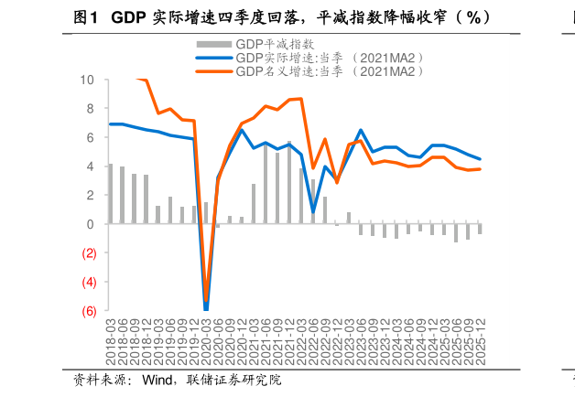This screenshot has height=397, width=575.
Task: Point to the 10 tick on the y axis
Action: [88, 80]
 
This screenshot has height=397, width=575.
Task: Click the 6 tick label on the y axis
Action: [91, 137]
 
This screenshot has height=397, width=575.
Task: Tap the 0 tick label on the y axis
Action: [91, 224]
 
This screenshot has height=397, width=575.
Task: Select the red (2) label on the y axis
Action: [88, 253]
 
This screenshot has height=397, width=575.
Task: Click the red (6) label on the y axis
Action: [88, 311]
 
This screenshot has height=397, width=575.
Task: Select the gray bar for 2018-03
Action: [111, 194]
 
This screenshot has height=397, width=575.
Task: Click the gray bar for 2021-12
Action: [289, 183]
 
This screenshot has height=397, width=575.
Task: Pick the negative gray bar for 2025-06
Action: [456, 233]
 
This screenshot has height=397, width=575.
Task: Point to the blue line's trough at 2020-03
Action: [206, 309]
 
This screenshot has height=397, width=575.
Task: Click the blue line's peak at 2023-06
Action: [361, 130]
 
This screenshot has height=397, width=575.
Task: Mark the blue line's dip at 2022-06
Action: [313, 212]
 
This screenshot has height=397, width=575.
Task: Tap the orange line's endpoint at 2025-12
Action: [480, 169]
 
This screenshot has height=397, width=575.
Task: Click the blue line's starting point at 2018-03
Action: [111, 123]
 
